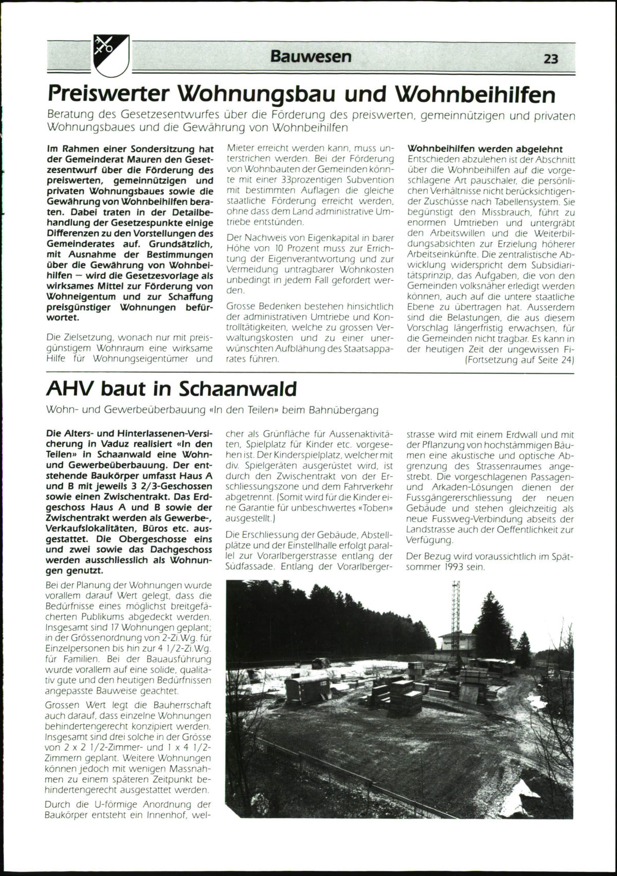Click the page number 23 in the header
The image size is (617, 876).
click(x=551, y=59)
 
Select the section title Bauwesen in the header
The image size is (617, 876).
click(x=311, y=56)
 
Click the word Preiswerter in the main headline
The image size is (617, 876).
click(x=108, y=94)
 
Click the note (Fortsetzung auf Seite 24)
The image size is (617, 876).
click(x=519, y=360)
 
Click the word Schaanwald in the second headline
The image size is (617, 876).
click(x=238, y=389)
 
